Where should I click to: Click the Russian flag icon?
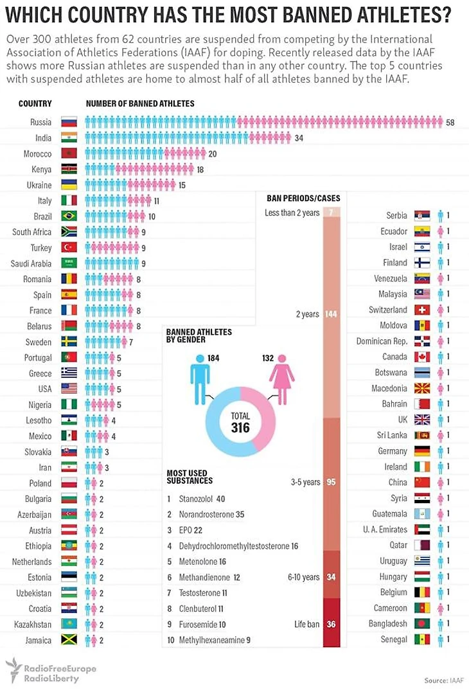(69, 122)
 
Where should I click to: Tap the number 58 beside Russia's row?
(450, 122)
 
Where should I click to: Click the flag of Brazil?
(69, 216)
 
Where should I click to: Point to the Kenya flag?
(69, 169)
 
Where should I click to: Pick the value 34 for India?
(299, 138)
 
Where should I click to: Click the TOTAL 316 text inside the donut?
(240, 422)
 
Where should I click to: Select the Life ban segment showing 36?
(332, 623)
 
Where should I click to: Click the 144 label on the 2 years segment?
(332, 314)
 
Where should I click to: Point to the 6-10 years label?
(303, 577)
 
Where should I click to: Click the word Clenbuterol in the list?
(193, 608)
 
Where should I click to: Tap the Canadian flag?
(422, 357)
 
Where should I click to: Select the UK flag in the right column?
(422, 420)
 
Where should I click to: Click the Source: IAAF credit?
(443, 680)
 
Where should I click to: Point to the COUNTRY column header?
(35, 103)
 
